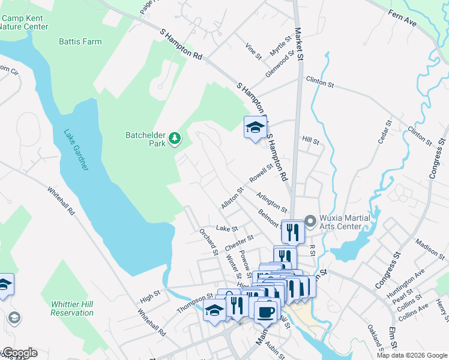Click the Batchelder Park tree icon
175,139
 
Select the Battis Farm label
80,42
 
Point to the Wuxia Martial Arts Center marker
310,221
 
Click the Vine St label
254,50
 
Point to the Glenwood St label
280,64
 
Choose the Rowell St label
261,175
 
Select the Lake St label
227,229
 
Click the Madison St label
429,247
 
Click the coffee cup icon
266,312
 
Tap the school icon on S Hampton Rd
255,127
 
